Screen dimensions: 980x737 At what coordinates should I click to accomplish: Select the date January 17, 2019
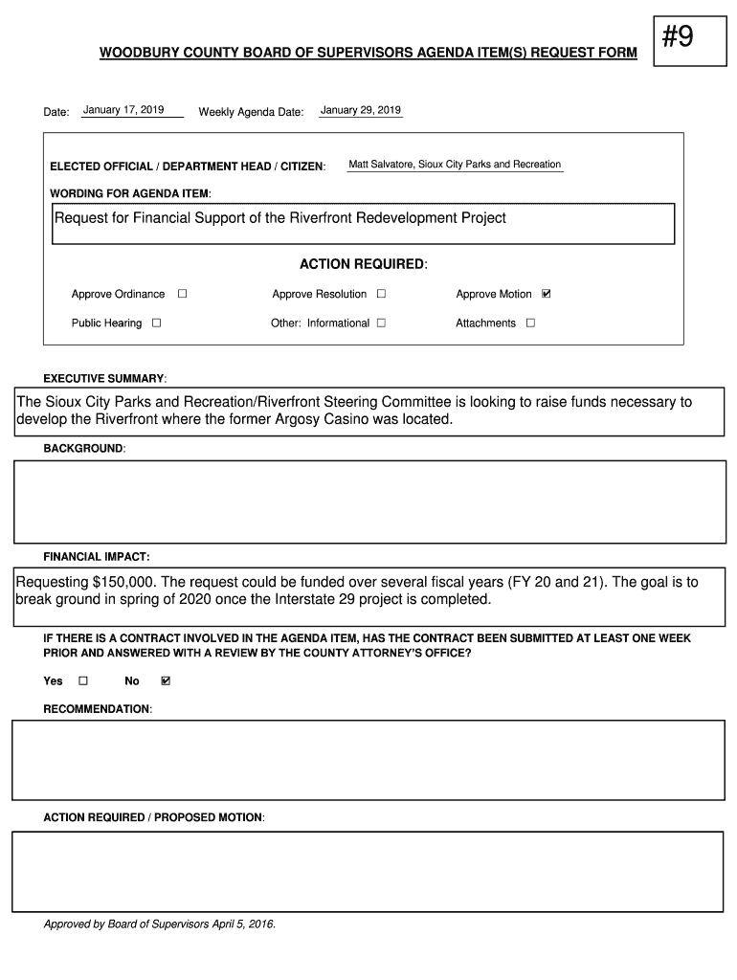[x=123, y=110]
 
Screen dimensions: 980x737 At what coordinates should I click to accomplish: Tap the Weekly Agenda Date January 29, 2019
[x=361, y=110]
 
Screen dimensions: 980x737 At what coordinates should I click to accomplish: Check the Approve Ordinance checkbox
[x=182, y=294]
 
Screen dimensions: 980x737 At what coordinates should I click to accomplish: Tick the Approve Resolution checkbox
[x=381, y=294]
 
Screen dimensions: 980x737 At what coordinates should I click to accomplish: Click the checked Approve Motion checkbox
[x=547, y=294]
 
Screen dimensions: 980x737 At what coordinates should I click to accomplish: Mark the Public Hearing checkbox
[x=156, y=323]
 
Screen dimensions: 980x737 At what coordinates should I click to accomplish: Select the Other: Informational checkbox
[x=381, y=323]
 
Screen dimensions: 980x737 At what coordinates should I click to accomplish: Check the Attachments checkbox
[x=530, y=323]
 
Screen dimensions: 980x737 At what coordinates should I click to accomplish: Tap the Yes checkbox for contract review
[x=82, y=681]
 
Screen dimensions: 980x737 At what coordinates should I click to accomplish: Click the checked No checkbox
[x=166, y=681]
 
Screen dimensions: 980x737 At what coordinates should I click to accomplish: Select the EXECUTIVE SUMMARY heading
[x=104, y=379]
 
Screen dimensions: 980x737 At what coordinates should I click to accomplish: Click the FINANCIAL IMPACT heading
[x=96, y=556]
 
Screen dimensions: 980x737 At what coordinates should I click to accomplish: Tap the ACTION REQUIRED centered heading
[x=363, y=264]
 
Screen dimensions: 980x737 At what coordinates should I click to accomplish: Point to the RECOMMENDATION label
[x=97, y=709]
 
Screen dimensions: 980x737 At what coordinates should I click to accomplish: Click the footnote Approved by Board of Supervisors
[x=159, y=924]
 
